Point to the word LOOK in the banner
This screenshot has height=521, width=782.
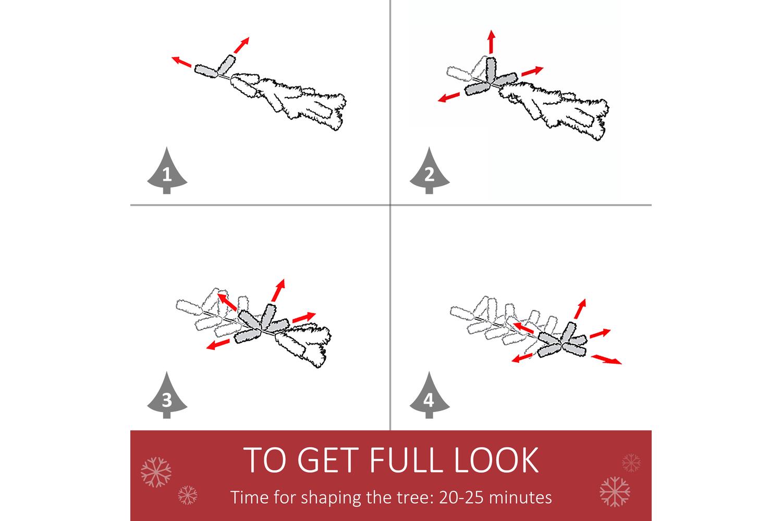[496, 460]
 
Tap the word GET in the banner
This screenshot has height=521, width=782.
[328, 460]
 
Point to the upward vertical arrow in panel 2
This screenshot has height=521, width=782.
[492, 42]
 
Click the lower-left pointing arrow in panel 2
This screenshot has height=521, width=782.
[449, 97]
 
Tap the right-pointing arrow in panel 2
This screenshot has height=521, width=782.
[532, 71]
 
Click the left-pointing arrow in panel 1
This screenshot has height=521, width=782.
[181, 61]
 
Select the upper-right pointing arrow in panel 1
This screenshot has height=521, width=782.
[241, 45]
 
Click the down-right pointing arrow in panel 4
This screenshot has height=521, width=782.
[606, 359]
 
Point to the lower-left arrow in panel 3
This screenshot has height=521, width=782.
[218, 344]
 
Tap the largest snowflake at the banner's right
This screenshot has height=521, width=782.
[615, 491]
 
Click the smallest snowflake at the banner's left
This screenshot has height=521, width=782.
[188, 495]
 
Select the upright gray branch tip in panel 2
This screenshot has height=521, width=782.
[491, 70]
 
